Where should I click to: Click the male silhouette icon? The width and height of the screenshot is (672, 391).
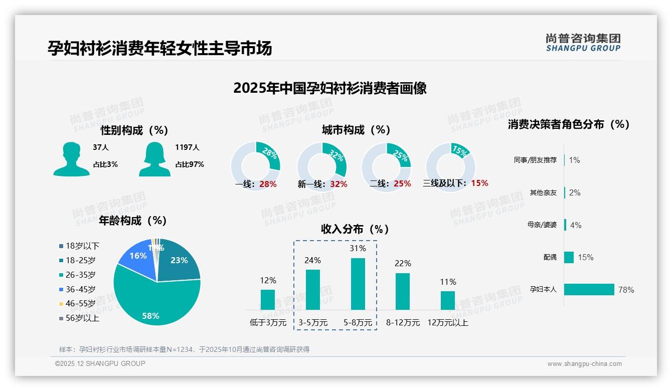[71, 159]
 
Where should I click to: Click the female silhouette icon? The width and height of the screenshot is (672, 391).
[154, 159]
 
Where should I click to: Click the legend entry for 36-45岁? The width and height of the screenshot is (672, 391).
[80, 289]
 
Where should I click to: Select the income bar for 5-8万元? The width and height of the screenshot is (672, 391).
[358, 284]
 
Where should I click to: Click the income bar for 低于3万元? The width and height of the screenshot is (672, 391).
[268, 299]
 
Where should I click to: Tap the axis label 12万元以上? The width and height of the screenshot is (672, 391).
[447, 323]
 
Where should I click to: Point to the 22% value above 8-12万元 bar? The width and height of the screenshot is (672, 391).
[402, 263]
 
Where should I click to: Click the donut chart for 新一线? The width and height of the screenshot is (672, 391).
[321, 166]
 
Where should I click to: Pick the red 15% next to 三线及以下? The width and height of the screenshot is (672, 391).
[479, 183]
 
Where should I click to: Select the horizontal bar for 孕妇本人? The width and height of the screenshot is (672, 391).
[589, 289]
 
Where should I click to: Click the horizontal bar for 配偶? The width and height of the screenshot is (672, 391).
[569, 257]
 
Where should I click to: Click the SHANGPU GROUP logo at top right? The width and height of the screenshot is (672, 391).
[583, 43]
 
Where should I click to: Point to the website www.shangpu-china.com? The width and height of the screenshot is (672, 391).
[584, 364]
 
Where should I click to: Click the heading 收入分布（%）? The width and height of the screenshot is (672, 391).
[355, 229]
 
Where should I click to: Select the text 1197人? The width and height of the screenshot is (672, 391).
[187, 147]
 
